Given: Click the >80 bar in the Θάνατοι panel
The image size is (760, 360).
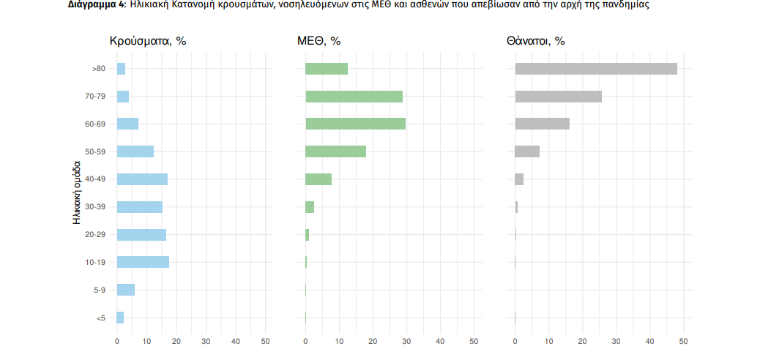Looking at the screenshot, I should pos(596,69).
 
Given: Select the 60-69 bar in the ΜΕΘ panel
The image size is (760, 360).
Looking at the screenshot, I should pos(355,124).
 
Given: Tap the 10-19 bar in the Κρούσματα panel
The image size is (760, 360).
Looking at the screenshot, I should pos(143,262).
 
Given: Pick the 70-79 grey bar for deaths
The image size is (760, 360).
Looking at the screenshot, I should pos(558,97).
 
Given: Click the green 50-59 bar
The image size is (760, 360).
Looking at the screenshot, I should pos(335,151).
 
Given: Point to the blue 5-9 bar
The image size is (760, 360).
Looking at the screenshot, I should pos(126,290).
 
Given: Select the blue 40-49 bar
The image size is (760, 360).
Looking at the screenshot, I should pos(142,179).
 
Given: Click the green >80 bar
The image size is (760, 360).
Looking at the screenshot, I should pos(327,69).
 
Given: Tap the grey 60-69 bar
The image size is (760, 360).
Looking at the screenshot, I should pos(542,124).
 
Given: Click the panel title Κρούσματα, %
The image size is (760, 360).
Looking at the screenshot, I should pos(148,41).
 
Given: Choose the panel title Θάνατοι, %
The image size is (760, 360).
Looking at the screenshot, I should pos(535,41).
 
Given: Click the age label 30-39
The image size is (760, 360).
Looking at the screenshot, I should pos(95,207).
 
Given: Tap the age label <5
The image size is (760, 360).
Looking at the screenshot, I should pos(100,318).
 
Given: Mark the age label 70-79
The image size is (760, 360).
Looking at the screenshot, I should pos(95,97).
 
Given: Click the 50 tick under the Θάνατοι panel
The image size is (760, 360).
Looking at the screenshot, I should pos(683,342).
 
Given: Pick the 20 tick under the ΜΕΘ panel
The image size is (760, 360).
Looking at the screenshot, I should pos(373,342).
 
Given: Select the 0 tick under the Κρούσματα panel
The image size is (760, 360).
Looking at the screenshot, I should pos(117,342).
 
